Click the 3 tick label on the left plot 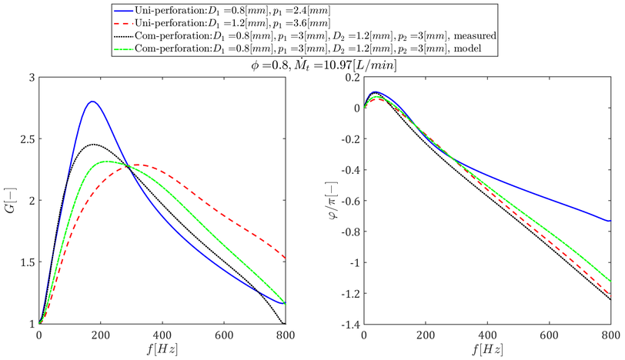click(30, 78)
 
